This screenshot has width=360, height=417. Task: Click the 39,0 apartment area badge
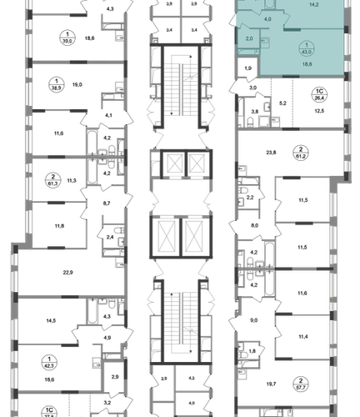(x=67, y=38)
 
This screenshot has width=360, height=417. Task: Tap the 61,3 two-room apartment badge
(x=52, y=180)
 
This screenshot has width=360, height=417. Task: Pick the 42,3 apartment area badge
(x=49, y=363)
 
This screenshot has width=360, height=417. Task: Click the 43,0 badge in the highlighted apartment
(x=307, y=48)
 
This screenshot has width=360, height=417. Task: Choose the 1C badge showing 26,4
(x=319, y=94)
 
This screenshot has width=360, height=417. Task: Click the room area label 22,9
(x=67, y=273)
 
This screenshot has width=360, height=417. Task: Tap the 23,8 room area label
(x=271, y=153)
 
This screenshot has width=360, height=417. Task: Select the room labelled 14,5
(x=51, y=320)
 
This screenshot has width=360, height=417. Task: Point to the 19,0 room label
(x=77, y=84)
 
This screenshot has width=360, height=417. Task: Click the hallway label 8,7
(x=107, y=203)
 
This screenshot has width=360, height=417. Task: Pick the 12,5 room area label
(x=319, y=111)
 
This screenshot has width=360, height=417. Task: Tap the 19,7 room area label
(x=271, y=384)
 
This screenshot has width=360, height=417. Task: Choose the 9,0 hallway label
(x=254, y=320)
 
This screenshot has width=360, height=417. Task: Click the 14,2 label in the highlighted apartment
(x=313, y=5)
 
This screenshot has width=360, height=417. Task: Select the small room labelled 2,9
(x=115, y=377)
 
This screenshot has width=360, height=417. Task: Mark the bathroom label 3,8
(x=255, y=112)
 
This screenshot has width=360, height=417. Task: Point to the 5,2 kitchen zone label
(x=282, y=103)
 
